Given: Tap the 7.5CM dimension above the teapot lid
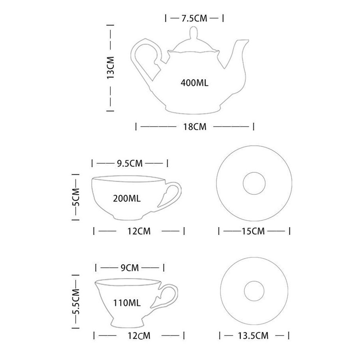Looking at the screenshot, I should point(195,18).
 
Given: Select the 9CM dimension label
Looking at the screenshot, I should point(130,268).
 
